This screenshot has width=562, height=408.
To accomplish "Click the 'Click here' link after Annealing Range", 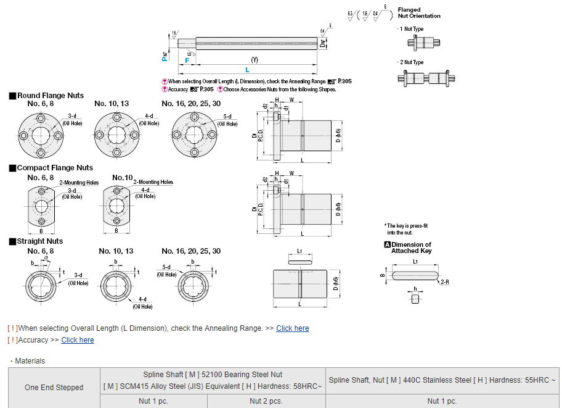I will [x=292, y=328].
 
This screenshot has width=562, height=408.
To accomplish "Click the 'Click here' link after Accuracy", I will [x=78, y=340].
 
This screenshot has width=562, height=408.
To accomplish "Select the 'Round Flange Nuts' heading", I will [x=51, y=96].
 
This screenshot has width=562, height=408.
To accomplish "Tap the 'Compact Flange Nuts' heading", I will [x=55, y=168].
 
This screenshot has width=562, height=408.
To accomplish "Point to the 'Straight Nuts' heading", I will [x=40, y=241].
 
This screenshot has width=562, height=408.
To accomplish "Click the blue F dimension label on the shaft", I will [x=187, y=60].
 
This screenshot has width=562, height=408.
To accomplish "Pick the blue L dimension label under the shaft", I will [x=248, y=70].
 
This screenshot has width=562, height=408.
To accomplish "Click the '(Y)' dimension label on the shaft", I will [x=255, y=59].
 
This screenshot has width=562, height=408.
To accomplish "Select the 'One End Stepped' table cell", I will [x=54, y=388].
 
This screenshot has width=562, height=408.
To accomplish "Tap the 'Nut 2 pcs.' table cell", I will [x=266, y=401].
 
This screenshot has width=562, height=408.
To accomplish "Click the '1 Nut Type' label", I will [x=412, y=29].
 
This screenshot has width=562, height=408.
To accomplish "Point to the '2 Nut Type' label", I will [x=412, y=62].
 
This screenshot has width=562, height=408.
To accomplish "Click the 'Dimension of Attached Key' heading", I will [x=411, y=248].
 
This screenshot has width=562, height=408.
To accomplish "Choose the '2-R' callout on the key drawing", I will [x=444, y=281].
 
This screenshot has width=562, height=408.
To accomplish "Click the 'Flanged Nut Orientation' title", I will [x=419, y=13].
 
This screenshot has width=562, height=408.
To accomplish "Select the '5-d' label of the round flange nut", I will [x=227, y=116].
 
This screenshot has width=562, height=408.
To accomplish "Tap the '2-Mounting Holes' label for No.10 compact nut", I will [x=153, y=182].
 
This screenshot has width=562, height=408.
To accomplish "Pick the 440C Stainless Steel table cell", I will [x=442, y=380].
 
